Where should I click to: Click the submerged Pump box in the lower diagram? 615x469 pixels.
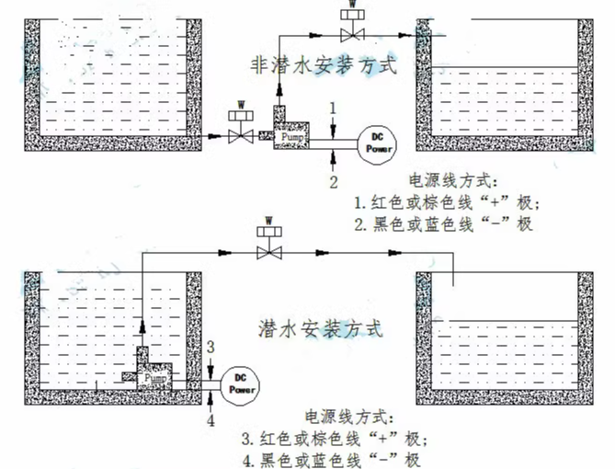[155, 378]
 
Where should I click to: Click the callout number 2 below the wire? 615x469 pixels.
[335, 181]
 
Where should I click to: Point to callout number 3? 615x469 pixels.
[210, 347]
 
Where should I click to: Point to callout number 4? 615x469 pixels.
[211, 421]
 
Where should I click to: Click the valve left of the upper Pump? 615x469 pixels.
[241, 136]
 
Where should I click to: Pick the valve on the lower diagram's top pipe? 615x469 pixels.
[269, 251]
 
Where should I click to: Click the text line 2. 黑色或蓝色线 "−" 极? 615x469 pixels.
[443, 223]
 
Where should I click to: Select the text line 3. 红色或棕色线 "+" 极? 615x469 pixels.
[335, 438]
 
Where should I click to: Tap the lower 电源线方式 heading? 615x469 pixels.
[342, 417]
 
